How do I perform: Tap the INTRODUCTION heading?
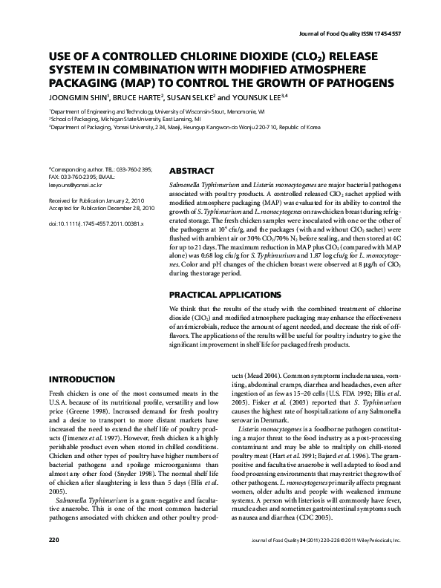86,379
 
